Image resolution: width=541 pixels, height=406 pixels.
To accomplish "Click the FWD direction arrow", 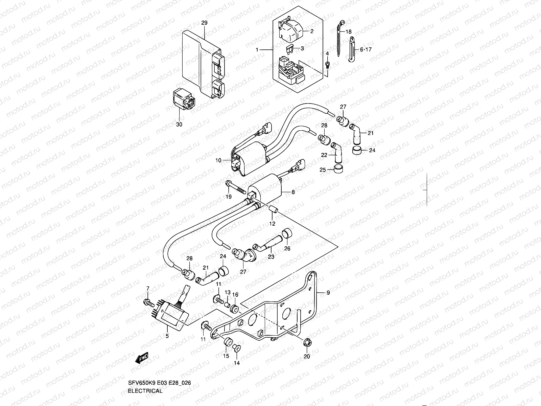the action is tap(142, 358).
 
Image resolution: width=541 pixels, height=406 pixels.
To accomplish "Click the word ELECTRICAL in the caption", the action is tap(145, 391).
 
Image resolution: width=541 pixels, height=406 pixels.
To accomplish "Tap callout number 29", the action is tap(204, 23).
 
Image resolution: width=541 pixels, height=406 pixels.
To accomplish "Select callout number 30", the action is tap(179, 125).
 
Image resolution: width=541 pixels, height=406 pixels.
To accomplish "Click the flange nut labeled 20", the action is tap(307, 342).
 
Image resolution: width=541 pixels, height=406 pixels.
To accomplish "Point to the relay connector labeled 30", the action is tap(184, 99).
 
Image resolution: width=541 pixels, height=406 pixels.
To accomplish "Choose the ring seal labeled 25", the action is tap(338, 170).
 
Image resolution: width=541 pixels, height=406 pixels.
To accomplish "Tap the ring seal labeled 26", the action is tap(287, 233).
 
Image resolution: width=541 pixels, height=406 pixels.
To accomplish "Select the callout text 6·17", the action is tap(366, 49).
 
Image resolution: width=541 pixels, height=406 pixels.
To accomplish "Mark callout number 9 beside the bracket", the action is tap(328, 293).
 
